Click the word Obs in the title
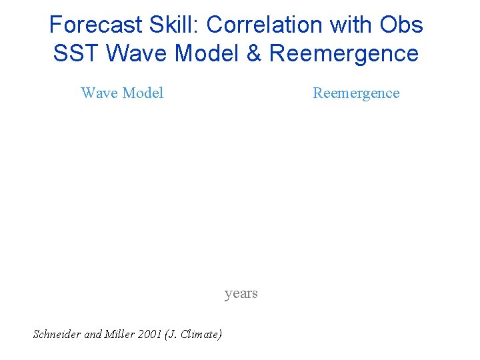(401, 25)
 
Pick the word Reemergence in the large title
(344, 53)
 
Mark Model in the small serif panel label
(143, 93)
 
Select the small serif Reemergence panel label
(356, 93)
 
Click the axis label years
(241, 294)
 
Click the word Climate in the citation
(202, 335)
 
